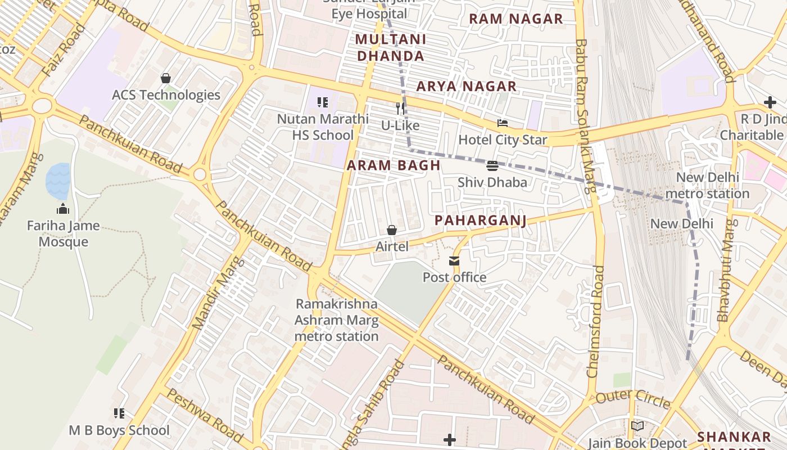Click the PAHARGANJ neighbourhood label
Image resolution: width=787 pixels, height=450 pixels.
[481, 220]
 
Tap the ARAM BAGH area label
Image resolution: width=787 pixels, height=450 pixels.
[393, 165]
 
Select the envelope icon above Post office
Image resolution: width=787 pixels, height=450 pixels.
[454, 261]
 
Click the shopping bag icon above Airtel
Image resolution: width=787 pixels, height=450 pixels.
[392, 230]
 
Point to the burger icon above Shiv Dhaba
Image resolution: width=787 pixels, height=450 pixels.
[492, 166]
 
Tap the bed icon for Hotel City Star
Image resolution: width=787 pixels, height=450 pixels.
[503, 123]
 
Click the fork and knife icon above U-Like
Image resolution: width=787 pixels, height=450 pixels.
[400, 108]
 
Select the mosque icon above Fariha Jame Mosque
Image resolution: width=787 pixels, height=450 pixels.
[63, 209]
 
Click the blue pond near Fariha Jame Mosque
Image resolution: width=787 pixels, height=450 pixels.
[58, 181]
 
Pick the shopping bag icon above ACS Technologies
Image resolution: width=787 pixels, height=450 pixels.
[166, 78]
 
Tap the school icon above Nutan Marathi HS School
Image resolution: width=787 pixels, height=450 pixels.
[323, 102]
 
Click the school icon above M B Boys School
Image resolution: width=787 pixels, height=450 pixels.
[119, 414]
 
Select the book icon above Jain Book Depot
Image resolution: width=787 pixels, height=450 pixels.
[637, 426]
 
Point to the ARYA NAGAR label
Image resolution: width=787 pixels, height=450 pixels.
[466, 86]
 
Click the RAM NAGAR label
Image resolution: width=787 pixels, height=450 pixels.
[515, 19]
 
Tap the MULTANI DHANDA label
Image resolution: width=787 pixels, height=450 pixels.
[391, 48]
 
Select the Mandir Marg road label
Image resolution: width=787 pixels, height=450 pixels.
[219, 293]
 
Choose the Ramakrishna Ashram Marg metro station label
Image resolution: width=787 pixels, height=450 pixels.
[337, 320]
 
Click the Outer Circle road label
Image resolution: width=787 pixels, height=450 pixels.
[632, 398]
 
